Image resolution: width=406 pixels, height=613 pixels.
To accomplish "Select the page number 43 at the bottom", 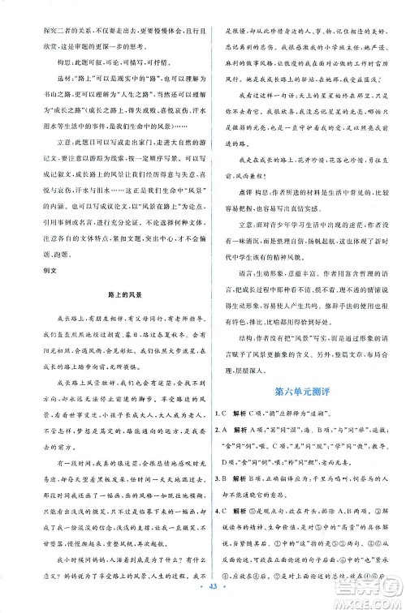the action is pos(203,598).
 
